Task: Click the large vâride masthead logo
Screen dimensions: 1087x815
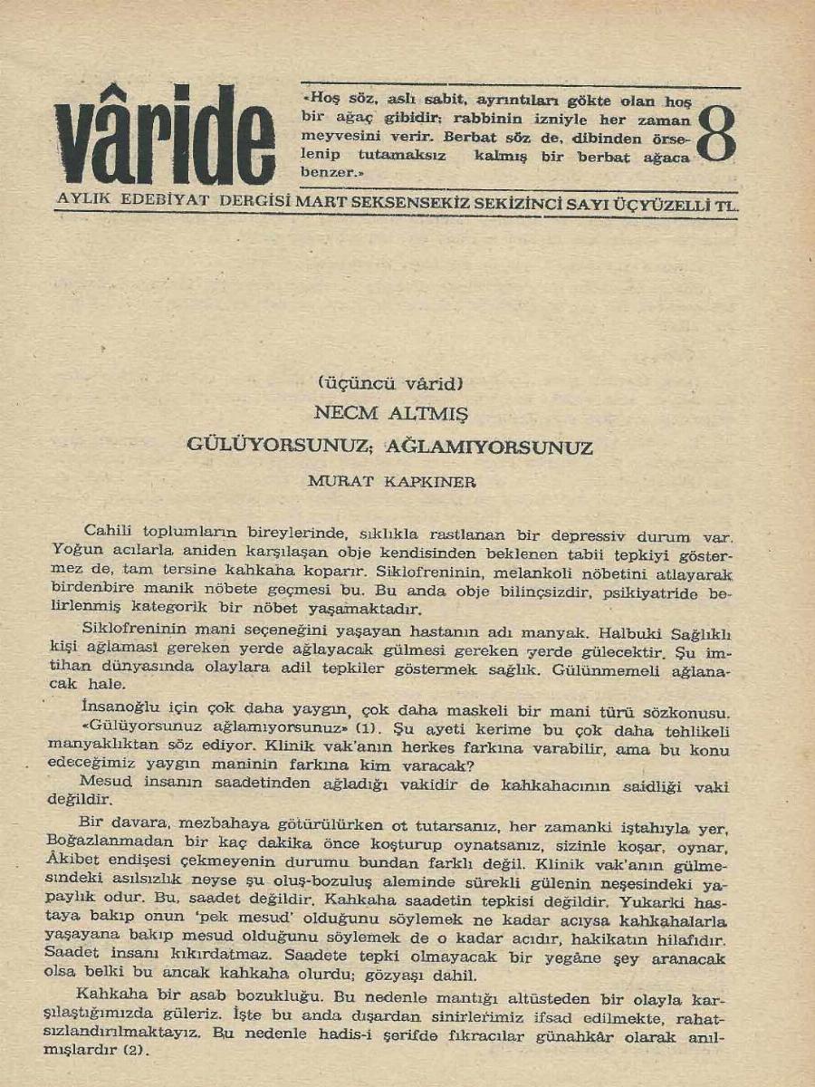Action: coord(165,136)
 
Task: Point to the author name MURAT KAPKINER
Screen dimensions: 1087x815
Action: coord(391,482)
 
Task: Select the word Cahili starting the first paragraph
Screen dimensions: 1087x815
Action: coord(109,530)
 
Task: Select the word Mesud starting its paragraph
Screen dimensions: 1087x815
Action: coord(102,781)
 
